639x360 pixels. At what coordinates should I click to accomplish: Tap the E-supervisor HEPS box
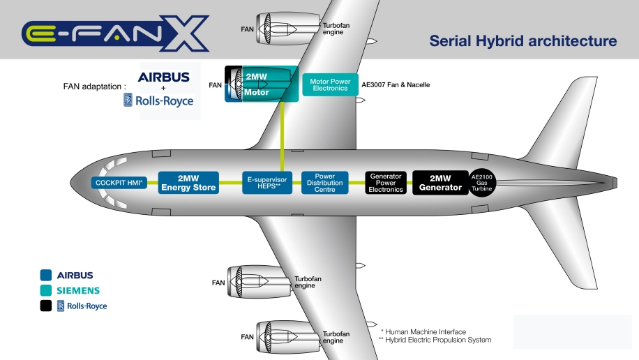point(269,183)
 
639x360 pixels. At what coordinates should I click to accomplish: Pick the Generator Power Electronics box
point(386,183)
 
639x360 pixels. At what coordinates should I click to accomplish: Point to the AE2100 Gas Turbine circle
point(481,183)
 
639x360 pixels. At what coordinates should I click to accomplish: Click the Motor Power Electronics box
point(330,85)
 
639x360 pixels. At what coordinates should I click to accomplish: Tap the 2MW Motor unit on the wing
point(261,84)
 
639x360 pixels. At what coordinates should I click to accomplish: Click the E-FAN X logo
point(115,33)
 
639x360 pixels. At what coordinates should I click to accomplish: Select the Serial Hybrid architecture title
point(523,41)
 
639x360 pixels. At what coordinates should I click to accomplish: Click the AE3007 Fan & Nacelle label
point(396,85)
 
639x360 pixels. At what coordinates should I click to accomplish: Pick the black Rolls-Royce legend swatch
point(46,306)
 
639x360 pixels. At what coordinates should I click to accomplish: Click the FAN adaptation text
point(95,87)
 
